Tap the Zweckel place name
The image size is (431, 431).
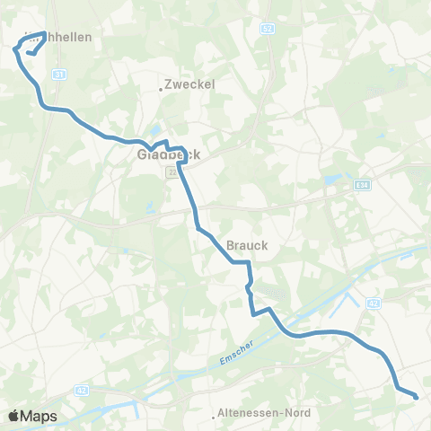[191, 84]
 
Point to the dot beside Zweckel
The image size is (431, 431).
[161, 89]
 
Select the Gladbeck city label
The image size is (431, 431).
[168, 154]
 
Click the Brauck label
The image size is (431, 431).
[247, 243]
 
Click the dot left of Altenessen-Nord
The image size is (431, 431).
[215, 416]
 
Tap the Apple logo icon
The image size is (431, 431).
[13, 416]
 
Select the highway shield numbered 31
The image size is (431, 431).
[59, 74]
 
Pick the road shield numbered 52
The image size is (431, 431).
[267, 30]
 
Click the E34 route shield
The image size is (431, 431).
[361, 186]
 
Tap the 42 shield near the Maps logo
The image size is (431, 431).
[82, 390]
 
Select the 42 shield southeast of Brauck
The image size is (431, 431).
[373, 303]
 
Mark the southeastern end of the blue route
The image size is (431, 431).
[417, 395]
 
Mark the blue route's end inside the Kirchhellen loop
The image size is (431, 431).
[30, 53]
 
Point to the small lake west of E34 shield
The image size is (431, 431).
[333, 180]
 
